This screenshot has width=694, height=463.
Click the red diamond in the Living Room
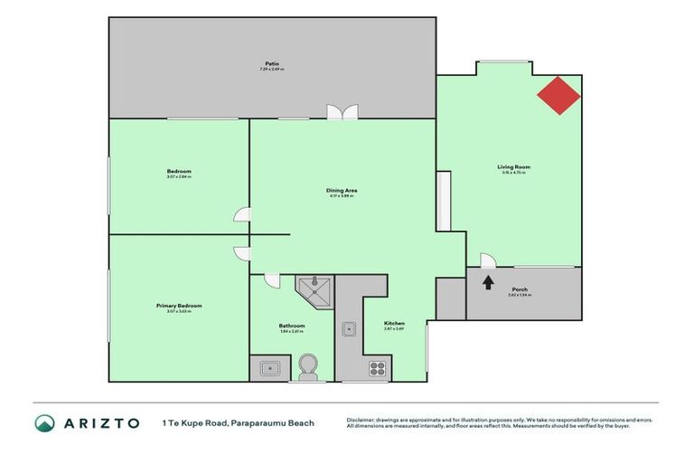click(559, 94)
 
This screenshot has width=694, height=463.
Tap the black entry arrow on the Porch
click(488, 282)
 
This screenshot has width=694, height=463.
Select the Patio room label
click(270, 63)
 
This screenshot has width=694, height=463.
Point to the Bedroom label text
click(179, 171)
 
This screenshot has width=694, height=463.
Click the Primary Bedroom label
click(178, 306)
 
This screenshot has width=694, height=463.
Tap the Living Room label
click(513, 166)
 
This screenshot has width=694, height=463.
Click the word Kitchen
click(394, 323)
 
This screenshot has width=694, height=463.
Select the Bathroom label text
click(291, 326)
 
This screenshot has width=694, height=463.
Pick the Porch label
click(520, 289)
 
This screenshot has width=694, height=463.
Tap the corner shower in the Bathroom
click(314, 289)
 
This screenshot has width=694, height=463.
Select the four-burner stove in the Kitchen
click(376, 368)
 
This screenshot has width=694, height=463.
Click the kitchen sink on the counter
click(348, 328)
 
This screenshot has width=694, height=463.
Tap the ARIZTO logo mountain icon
click(44, 422)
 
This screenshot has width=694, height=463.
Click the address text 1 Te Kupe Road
click(193, 422)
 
